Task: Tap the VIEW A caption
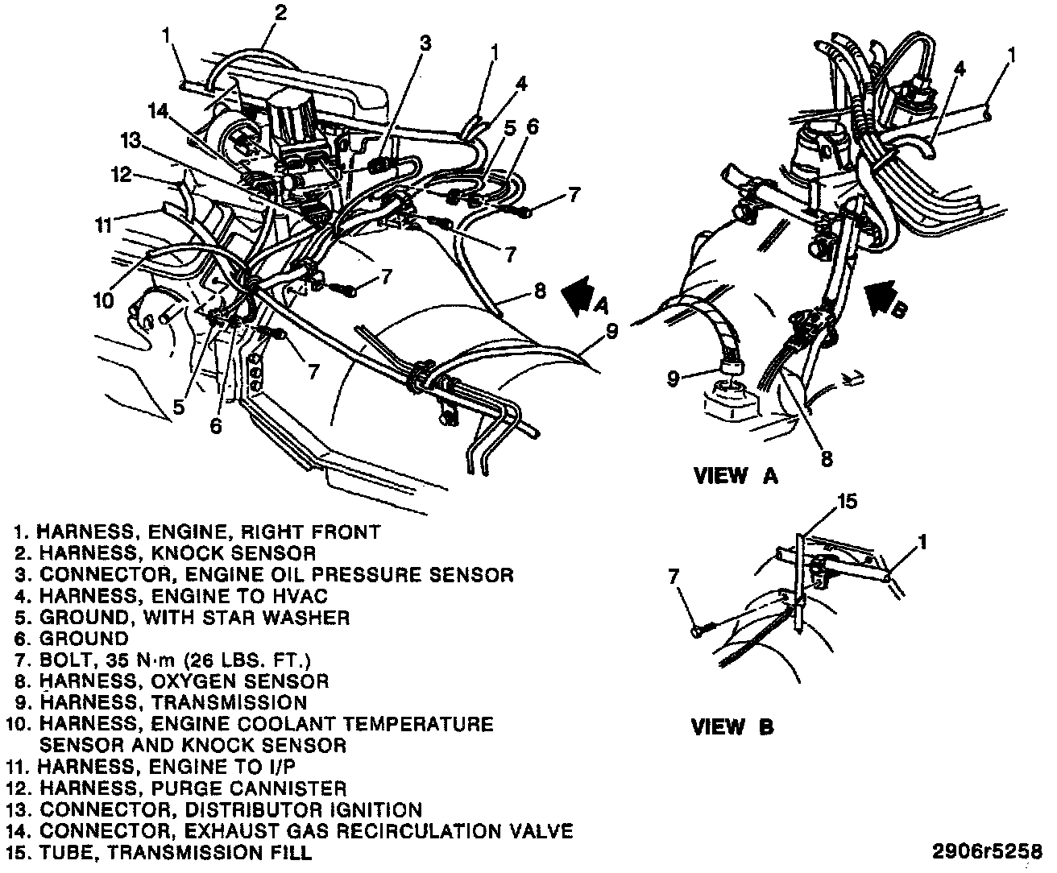(x=736, y=476)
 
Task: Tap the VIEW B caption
(x=732, y=727)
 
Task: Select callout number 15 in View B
(x=847, y=502)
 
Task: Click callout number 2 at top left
(x=280, y=12)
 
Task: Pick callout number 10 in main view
(x=103, y=300)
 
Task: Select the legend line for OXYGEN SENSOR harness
(x=184, y=681)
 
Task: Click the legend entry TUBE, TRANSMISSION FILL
(x=175, y=851)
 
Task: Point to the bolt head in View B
(x=696, y=634)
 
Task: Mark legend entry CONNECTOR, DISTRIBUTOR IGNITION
(x=230, y=809)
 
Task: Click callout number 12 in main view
(x=121, y=173)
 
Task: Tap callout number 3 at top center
(x=425, y=43)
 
